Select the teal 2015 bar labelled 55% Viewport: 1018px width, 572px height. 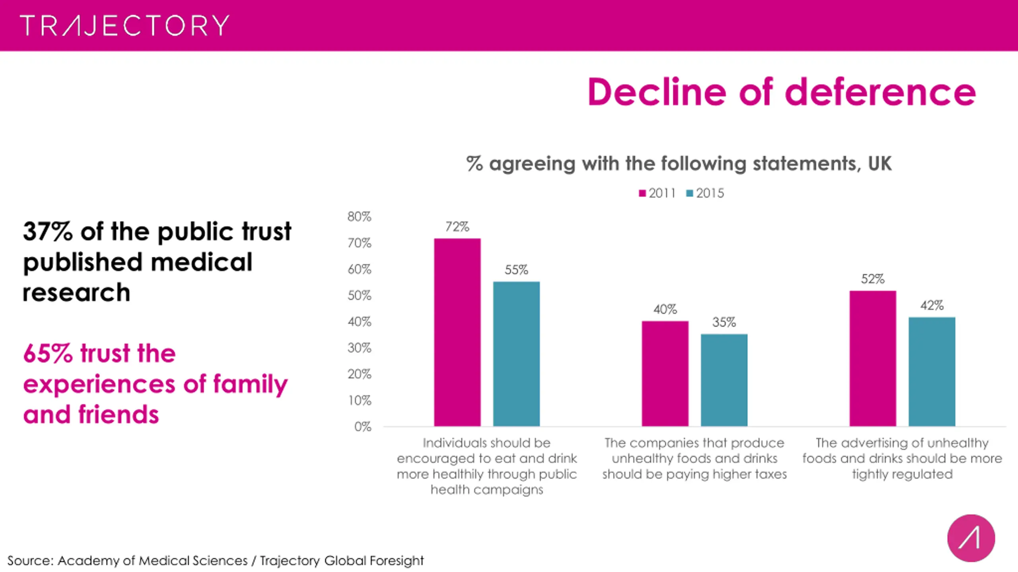point(516,354)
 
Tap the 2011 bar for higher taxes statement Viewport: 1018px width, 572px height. point(665,373)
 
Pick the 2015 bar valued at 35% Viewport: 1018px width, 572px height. point(724,380)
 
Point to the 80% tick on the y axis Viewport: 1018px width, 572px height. point(359,216)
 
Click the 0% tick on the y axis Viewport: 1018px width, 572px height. point(363,427)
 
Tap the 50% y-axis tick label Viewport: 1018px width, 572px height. point(359,296)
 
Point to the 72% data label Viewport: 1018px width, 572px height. point(457,227)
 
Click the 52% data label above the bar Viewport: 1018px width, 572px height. point(873,279)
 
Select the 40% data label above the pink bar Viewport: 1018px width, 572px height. point(665,309)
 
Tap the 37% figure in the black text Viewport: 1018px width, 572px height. point(48,231)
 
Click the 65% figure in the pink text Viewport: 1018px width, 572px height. point(48,353)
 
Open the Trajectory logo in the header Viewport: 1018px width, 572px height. point(124,25)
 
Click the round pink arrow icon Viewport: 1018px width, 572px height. point(971,538)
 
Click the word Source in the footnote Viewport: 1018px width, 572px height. point(30,560)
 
